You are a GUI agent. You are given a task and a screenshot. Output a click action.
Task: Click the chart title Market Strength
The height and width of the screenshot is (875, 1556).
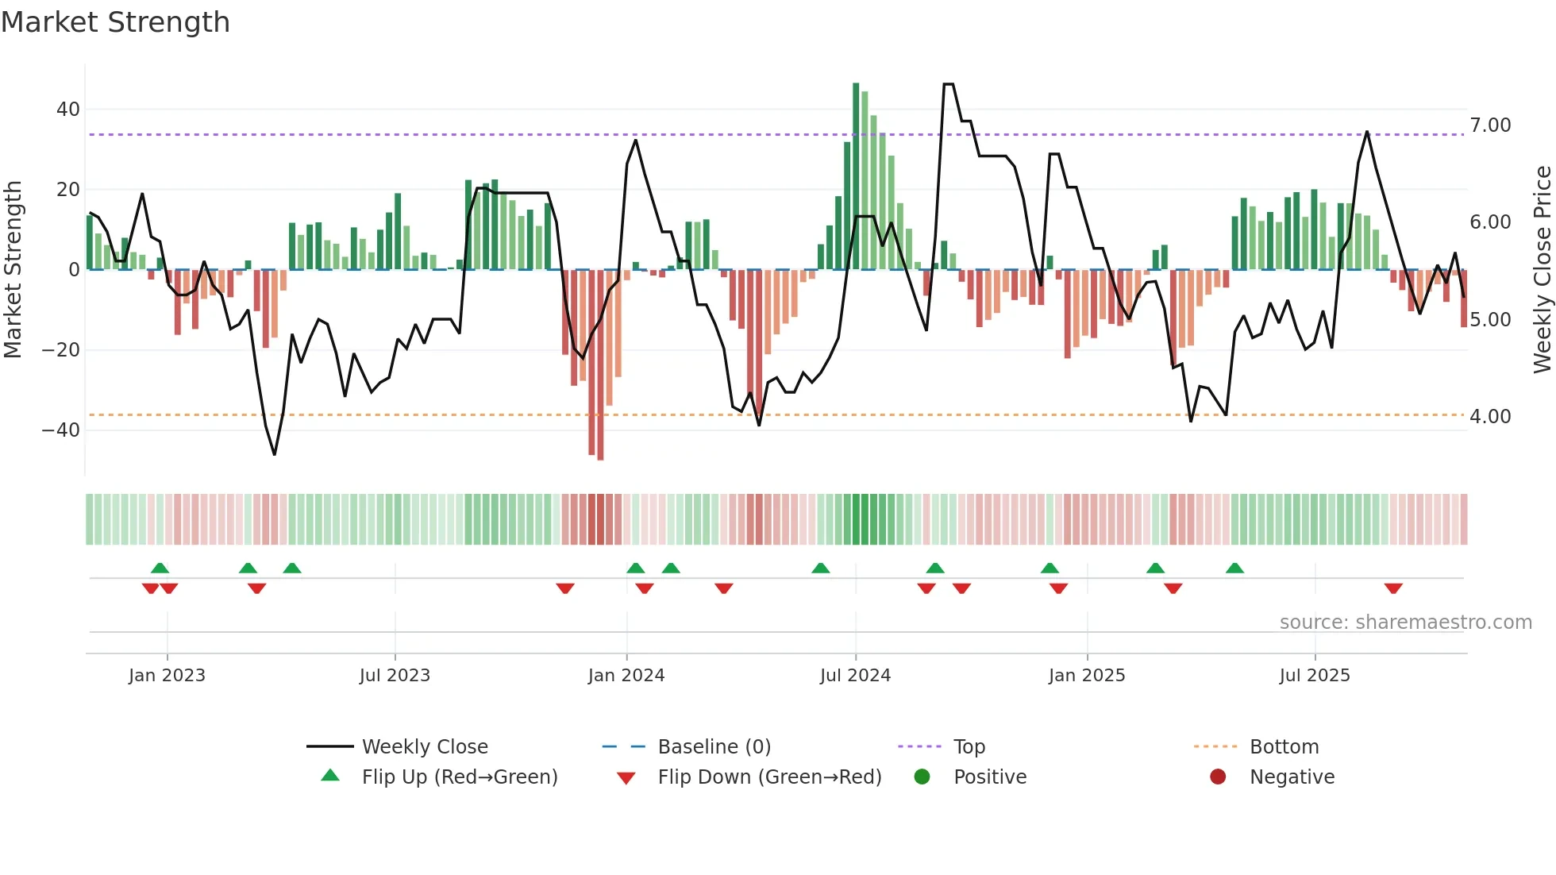coord(115,22)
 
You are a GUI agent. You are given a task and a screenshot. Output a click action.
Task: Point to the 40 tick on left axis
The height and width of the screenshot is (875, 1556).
coord(68,110)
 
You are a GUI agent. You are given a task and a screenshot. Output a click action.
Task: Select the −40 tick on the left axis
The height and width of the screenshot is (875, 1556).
coord(61,430)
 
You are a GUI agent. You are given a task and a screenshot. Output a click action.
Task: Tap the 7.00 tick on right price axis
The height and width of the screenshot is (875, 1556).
coord(1490,125)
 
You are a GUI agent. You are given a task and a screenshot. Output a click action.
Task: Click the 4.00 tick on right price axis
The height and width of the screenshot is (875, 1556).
coord(1490,417)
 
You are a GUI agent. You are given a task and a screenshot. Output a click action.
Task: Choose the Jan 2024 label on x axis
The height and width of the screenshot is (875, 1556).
coord(626,676)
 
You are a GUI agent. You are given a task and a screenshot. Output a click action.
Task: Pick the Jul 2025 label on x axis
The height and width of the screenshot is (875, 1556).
coord(1315,676)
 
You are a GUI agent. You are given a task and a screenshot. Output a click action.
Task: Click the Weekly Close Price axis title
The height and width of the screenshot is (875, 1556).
coord(1542,270)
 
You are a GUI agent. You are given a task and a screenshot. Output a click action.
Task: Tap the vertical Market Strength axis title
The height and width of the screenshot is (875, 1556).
coord(13,270)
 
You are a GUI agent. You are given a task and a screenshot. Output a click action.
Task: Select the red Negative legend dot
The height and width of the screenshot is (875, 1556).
coord(1218,777)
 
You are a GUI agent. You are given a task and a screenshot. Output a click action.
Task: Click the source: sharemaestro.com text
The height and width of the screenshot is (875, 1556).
coord(1405,623)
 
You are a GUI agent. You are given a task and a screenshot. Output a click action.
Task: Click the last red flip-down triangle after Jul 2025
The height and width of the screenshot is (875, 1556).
coord(1393,588)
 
